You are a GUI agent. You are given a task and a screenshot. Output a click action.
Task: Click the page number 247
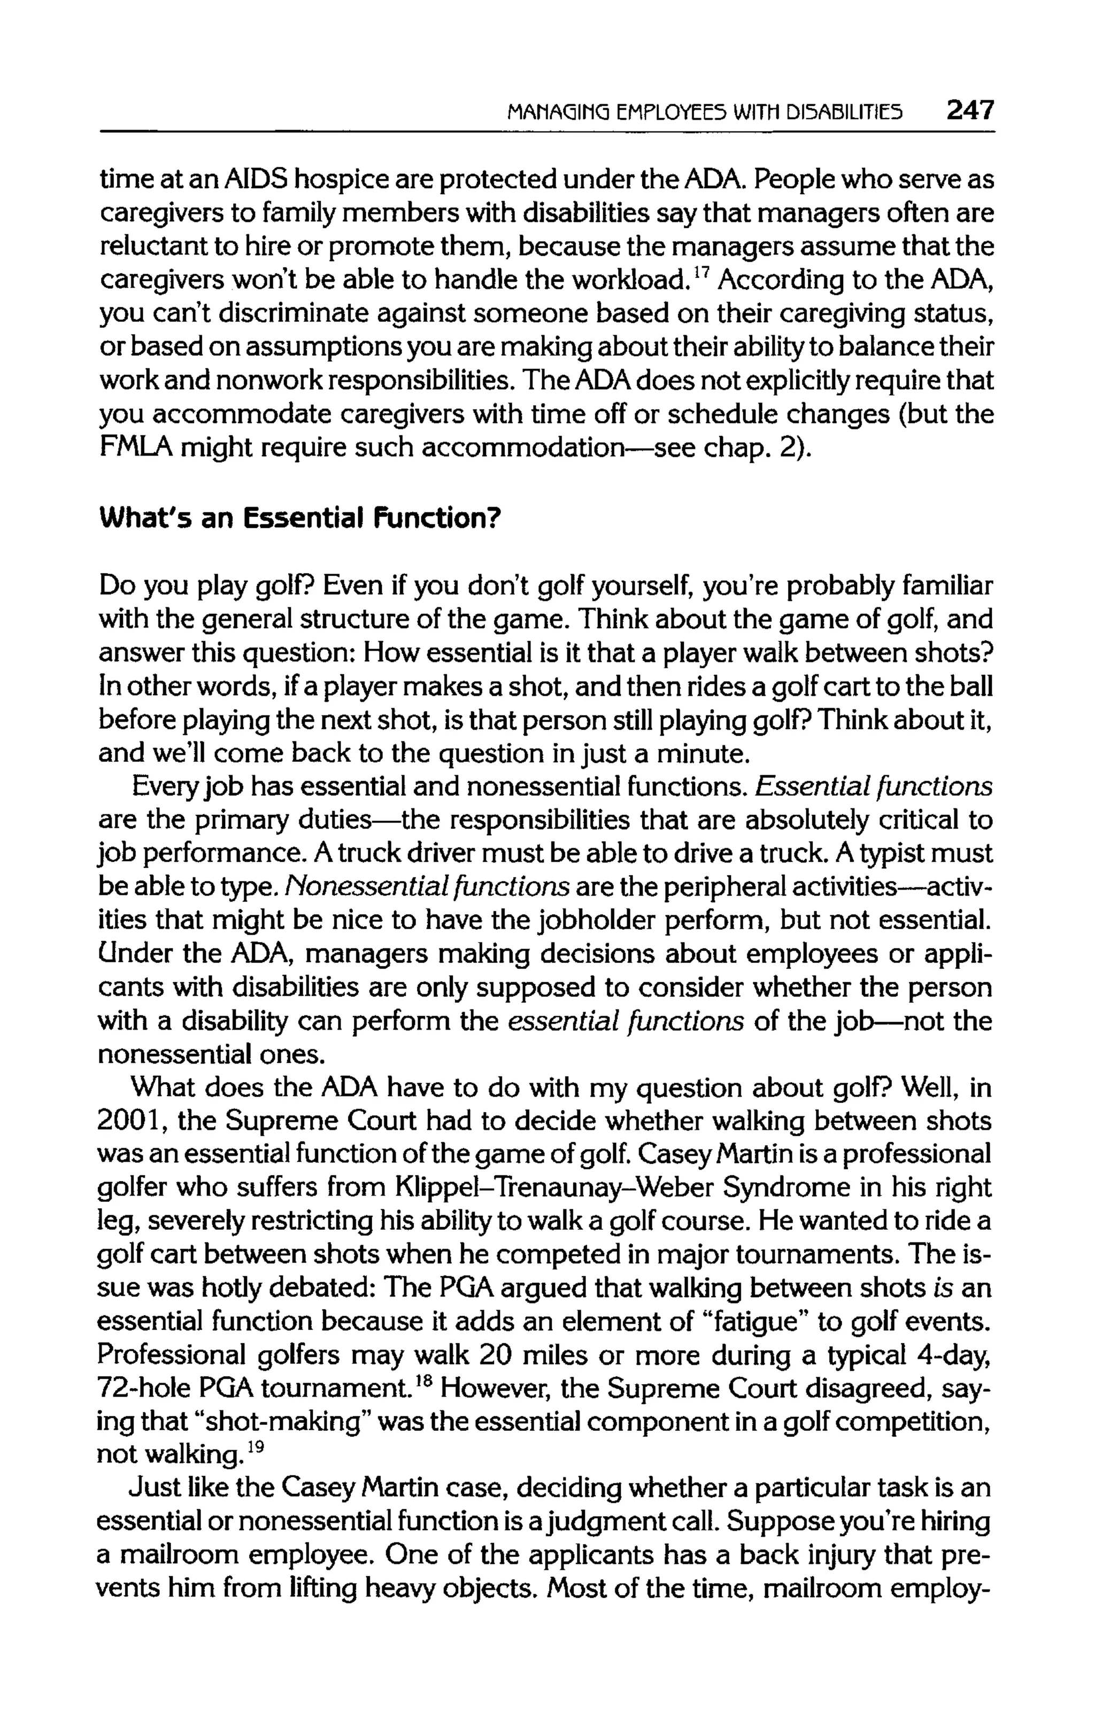click(x=969, y=111)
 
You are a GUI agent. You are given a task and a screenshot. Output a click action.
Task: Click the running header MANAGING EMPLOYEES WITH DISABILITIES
click(x=704, y=112)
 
